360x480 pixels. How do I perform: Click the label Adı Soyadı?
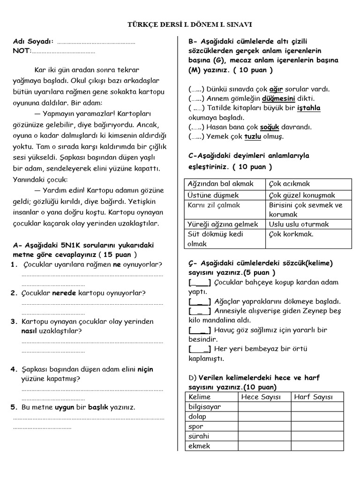[33, 41]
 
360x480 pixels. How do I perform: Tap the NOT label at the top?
[22, 51]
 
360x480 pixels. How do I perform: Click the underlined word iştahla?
[309, 108]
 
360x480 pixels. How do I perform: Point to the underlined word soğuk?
[270, 127]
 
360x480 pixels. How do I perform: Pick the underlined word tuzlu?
[253, 136]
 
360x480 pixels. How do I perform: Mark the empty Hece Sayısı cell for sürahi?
[264, 436]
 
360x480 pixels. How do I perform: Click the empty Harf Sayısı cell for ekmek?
[317, 446]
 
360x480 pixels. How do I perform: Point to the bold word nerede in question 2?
[63, 293]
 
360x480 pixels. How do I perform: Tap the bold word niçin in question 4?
[145, 369]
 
